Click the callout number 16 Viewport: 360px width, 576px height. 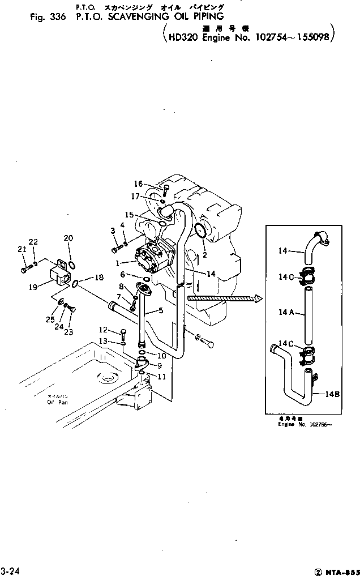click(138, 184)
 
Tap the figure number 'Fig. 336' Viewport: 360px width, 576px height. click(48, 17)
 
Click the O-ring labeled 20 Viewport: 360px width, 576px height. click(72, 264)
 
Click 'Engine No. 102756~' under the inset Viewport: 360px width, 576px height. click(305, 424)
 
